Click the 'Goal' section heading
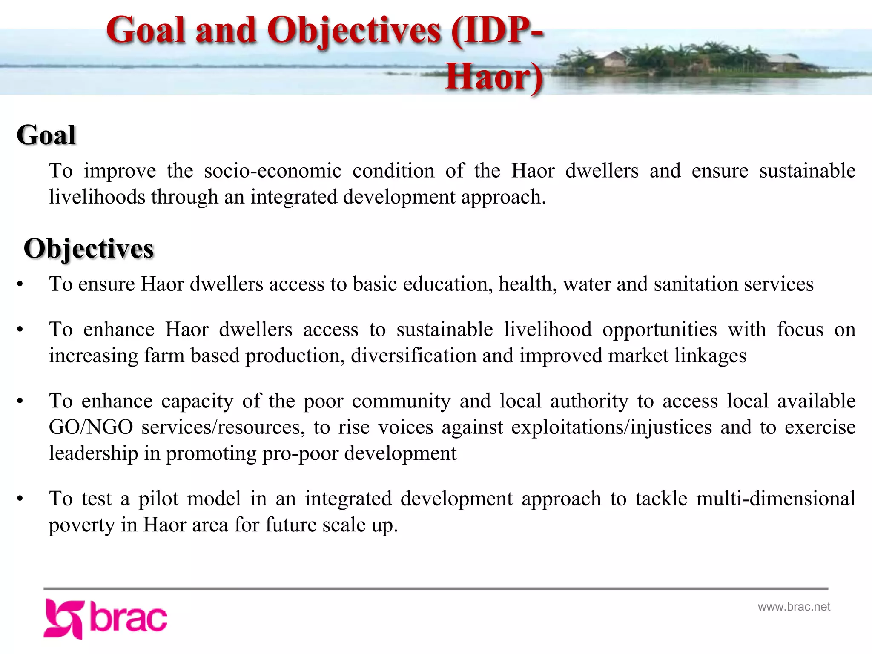46,135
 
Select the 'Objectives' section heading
89,249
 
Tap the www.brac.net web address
794,607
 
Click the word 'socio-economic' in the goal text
272,171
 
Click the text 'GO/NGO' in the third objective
91,427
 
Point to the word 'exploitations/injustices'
611,427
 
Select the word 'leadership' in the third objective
93,453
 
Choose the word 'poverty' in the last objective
82,525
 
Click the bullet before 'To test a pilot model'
20,499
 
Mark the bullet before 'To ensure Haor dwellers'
20,284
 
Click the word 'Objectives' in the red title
354,31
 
